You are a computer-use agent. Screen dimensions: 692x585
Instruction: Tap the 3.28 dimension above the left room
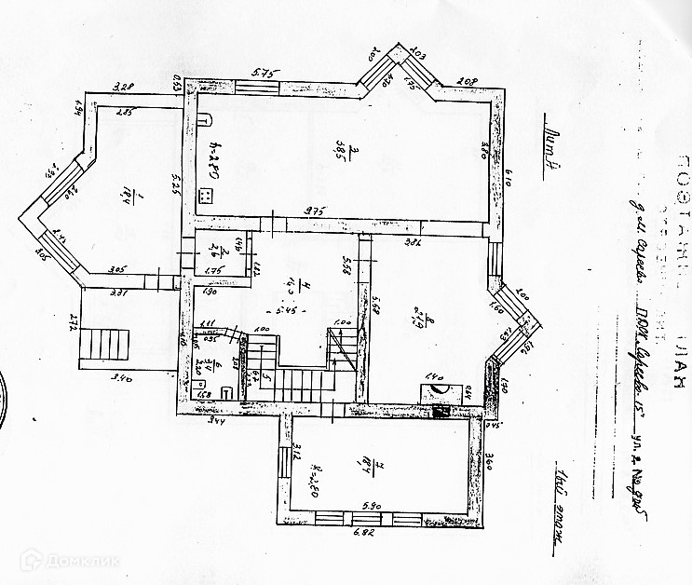click(124, 87)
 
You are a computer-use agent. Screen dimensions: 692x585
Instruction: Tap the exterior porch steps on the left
click(101, 345)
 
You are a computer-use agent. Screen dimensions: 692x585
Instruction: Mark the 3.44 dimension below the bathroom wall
click(216, 422)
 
